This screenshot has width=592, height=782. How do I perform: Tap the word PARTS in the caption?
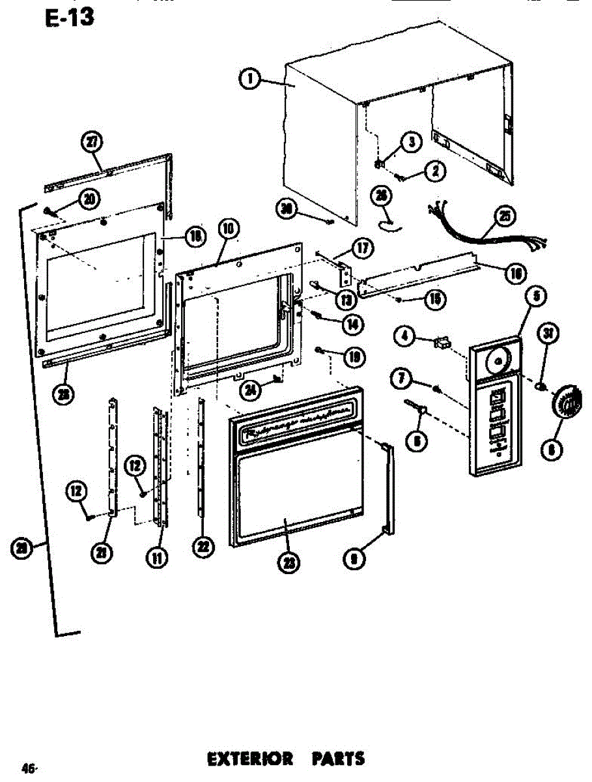pos(338,759)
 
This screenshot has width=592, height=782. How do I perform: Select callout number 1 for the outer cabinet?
pos(249,80)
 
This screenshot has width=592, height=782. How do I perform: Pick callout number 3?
pos(410,141)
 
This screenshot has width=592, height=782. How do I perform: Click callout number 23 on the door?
pos(287,562)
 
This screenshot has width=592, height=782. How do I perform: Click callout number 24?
pos(249,390)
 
